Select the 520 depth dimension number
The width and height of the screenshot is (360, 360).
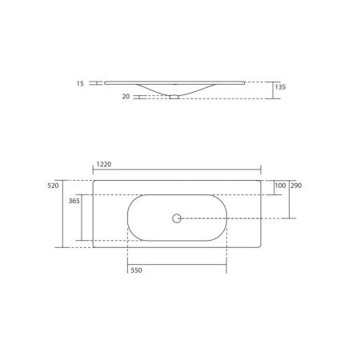tap(54, 185)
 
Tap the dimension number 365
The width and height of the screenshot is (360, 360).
tap(73, 202)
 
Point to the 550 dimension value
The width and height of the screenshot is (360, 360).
tap(137, 271)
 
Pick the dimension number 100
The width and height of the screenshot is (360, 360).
tap(279, 186)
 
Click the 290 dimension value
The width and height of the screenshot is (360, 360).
tap(296, 186)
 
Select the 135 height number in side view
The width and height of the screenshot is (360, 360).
tap(280, 85)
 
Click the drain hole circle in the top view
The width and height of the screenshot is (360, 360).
tap(177, 217)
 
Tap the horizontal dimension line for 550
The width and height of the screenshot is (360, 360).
tap(176, 262)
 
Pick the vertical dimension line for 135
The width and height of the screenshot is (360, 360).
tap(273, 90)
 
